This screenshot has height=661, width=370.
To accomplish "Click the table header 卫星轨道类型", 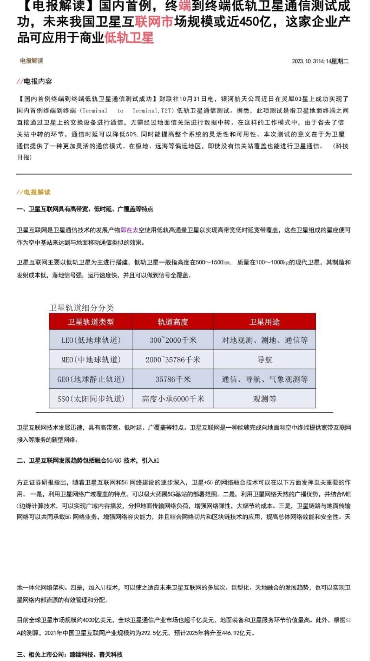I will pos(91,322).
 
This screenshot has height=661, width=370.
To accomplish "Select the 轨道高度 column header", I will pos(173,322).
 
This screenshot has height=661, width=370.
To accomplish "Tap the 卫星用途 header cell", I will pos(265,322).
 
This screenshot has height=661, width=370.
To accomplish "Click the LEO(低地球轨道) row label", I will pos(91,340).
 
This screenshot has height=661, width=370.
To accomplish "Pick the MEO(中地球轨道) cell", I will pos(91,359).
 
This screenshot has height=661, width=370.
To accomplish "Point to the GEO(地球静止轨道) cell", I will pos(91,379).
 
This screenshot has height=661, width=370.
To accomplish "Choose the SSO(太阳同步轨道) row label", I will pos(91,399).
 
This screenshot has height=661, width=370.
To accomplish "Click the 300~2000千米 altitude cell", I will pos(173,340).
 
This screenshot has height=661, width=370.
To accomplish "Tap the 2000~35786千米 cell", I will pos(173,359).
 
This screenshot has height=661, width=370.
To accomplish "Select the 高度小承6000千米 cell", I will pos(173,399).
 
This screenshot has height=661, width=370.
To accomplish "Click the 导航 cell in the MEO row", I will pos(265,359).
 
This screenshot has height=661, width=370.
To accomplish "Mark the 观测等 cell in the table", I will pos(265,399).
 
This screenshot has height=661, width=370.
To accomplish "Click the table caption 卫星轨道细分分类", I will pos(81,308).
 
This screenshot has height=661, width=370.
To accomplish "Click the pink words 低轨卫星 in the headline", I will pos(129,38).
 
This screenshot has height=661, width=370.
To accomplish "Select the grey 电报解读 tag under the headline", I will pos(31,61).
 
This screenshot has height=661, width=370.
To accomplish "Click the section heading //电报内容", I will pos(34,81).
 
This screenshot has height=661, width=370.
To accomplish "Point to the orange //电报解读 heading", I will pos(33,192).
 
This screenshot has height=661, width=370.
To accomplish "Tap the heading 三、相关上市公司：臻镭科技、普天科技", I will pos(70,654).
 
